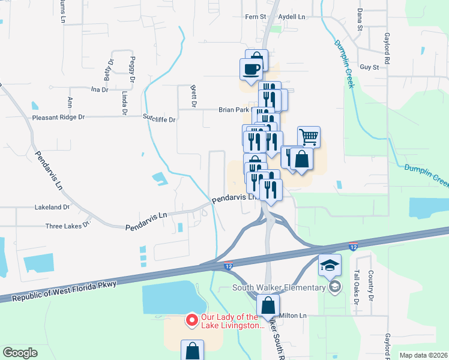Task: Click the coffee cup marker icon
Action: click(251, 68)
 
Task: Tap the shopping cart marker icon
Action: click(309, 137)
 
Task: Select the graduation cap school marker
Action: click(330, 265)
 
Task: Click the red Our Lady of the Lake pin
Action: click(192, 320)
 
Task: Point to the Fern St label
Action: click(255, 17)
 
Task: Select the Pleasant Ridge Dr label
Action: click(61, 118)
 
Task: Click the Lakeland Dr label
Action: click(52, 207)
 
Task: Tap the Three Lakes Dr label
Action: click(67, 226)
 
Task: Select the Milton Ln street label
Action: click(293, 316)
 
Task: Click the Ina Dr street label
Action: click(99, 89)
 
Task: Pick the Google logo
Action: click(20, 352)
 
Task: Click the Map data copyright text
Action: click(423, 355)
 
